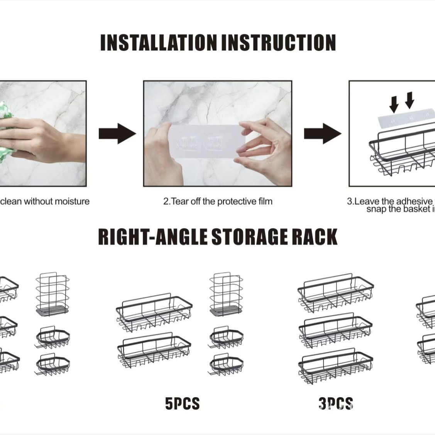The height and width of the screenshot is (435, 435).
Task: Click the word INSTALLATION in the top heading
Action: point(158,43)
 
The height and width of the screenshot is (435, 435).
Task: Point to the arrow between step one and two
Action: point(117,134)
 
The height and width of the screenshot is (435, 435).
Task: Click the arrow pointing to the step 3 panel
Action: point(322,134)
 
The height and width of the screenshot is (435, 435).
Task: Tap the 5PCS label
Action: point(182,404)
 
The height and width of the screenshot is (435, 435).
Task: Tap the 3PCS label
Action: point(335,404)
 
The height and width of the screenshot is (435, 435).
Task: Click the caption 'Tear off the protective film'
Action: point(218,201)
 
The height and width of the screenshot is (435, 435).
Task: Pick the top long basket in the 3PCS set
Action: point(335,293)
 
